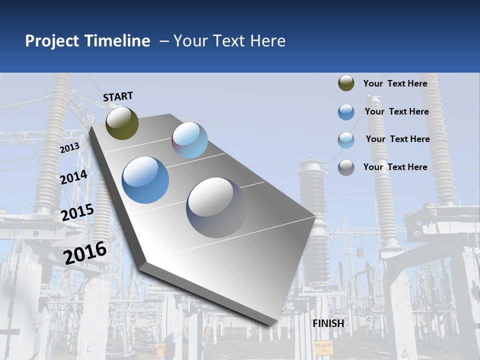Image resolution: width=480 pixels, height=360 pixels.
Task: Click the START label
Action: tap(118, 96)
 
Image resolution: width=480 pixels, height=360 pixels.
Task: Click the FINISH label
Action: tap(328, 323)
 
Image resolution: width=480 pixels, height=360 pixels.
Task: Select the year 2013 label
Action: tap(69, 147)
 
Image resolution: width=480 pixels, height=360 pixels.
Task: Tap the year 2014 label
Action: tap(73, 177)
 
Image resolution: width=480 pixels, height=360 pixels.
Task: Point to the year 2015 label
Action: tap(77, 212)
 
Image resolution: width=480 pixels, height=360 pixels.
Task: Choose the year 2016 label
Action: tap(85, 252)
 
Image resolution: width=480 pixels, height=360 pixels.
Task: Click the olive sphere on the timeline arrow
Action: tap(122, 123)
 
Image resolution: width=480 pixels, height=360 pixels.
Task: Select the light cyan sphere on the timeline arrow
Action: tap(190, 140)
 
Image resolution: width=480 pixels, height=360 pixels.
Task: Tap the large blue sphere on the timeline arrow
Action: tap(145, 180)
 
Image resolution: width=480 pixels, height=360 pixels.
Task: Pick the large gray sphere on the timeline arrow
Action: tap(216, 207)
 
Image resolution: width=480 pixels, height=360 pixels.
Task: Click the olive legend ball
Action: tap(346, 83)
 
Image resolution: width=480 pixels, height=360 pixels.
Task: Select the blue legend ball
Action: tap(346, 112)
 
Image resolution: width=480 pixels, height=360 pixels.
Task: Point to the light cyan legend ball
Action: tap(346, 140)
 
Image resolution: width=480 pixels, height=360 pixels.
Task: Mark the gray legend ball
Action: tap(346, 167)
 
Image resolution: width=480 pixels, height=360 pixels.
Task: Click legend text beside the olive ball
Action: tap(395, 83)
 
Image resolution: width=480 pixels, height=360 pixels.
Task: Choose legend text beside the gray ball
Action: tap(395, 167)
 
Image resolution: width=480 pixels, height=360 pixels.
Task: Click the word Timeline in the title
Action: tap(118, 41)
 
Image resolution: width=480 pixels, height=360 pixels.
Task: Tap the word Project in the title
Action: tap(52, 41)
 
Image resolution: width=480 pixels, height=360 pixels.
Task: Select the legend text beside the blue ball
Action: tap(396, 111)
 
